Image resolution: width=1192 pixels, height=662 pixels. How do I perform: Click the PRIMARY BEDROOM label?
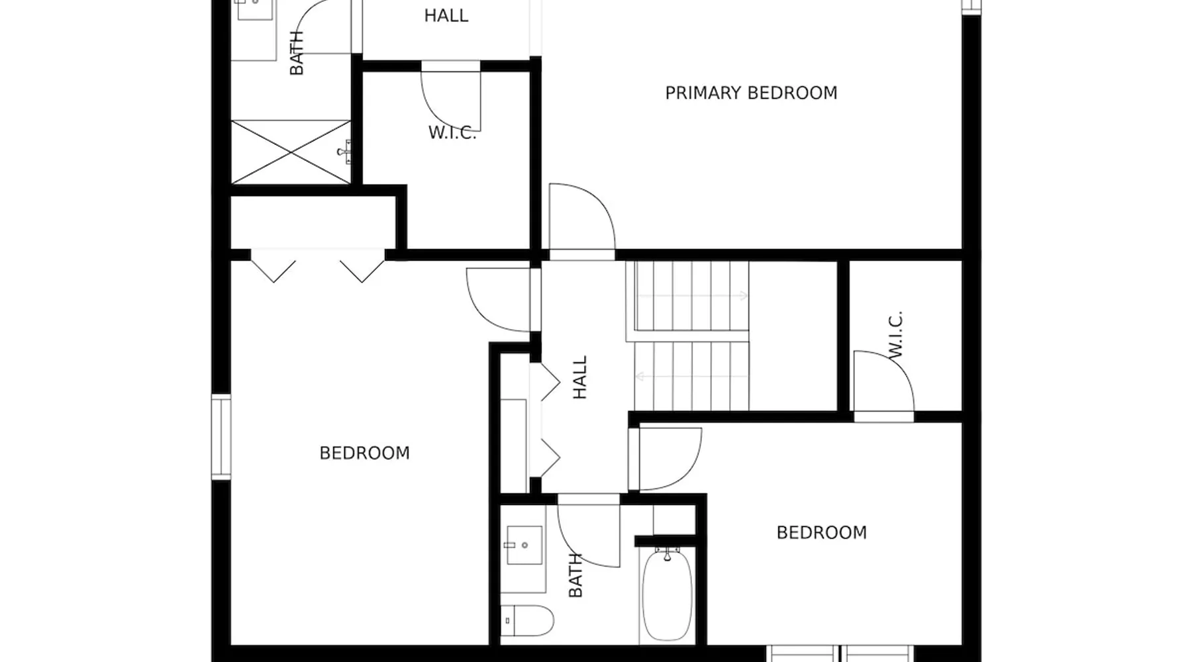click(x=751, y=93)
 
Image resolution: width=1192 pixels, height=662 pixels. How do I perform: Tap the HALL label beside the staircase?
click(x=580, y=377)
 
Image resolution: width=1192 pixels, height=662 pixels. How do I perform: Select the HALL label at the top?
click(x=446, y=15)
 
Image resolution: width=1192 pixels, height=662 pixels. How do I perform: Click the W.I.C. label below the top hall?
click(x=452, y=132)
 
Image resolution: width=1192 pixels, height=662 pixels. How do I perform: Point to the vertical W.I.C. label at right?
click(x=895, y=335)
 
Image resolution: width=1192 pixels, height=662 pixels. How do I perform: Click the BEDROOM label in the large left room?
click(x=365, y=453)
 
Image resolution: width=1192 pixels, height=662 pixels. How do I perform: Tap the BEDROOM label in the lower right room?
click(x=822, y=532)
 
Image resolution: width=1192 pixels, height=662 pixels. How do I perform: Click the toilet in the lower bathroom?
click(x=526, y=620)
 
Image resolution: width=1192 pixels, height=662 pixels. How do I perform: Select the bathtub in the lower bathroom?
click(x=667, y=594)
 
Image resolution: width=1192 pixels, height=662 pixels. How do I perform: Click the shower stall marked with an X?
click(x=291, y=152)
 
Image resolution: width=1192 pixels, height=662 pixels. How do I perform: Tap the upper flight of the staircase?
click(x=691, y=296)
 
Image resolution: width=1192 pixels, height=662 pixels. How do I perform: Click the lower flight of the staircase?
click(x=691, y=376)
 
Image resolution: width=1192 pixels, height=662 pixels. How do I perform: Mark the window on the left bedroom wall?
click(x=221, y=436)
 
